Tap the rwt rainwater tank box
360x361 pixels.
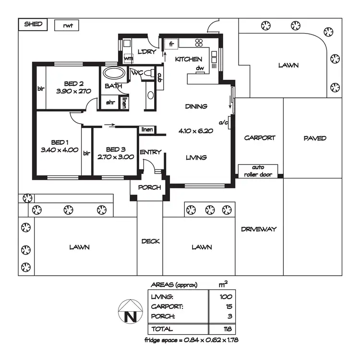(67, 25)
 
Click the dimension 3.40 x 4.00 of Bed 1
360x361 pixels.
(60, 150)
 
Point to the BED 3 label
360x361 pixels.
(115, 149)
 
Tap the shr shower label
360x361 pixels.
(110, 103)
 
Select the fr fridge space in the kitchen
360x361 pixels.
(171, 44)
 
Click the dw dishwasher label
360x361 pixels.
(200, 69)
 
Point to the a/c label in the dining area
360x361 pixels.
(223, 123)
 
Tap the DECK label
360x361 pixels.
(150, 241)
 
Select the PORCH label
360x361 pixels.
(149, 187)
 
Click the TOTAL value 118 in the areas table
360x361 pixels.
(227, 329)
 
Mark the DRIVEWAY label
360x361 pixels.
(259, 229)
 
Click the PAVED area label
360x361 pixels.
(315, 138)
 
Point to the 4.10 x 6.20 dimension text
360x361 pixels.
(196, 130)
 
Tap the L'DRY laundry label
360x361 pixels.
(147, 52)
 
